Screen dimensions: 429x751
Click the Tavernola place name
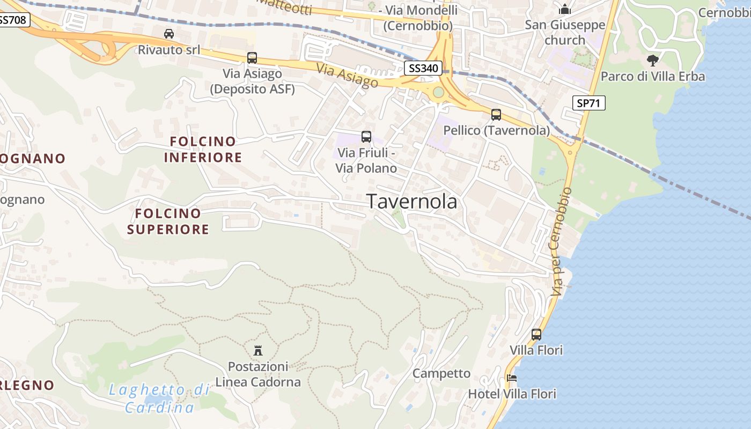tap(413, 202)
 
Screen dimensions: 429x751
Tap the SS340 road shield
tap(423, 68)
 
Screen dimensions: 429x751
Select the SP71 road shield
tap(588, 103)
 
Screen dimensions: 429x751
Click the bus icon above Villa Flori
tap(536, 335)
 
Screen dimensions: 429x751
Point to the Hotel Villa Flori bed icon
tap(512, 378)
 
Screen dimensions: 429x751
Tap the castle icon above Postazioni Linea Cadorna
tap(258, 351)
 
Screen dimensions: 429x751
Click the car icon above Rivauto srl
tap(169, 34)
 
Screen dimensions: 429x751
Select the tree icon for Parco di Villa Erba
tap(652, 60)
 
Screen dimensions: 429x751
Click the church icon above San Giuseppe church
tap(565, 9)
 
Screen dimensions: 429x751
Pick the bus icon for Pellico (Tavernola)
tap(496, 114)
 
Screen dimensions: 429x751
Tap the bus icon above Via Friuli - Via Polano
tap(366, 137)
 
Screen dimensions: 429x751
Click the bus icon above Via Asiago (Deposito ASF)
tap(252, 58)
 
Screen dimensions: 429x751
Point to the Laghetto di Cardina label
tap(159, 398)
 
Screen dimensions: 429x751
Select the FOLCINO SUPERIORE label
tap(168, 221)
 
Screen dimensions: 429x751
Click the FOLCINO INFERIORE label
tap(203, 150)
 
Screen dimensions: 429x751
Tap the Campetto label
tap(441, 374)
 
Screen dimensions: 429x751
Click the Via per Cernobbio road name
tap(560, 241)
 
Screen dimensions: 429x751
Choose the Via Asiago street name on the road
tap(347, 76)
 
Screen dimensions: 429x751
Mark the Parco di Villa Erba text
tap(653, 77)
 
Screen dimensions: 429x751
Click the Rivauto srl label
tap(169, 50)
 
